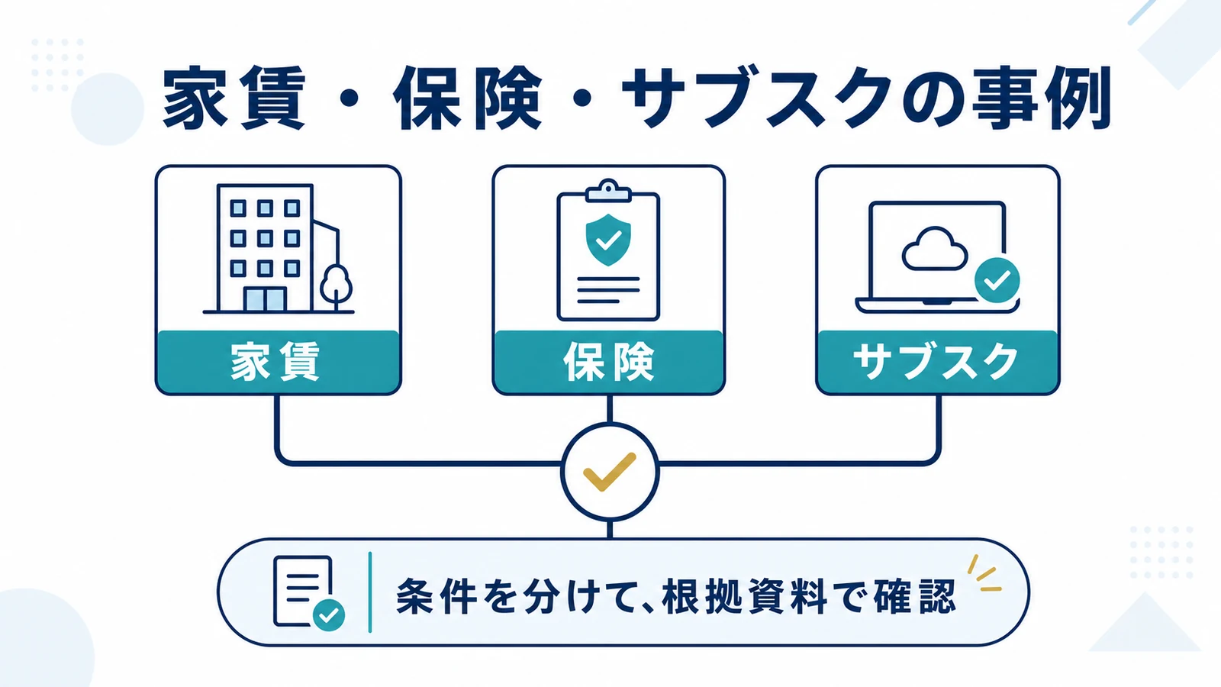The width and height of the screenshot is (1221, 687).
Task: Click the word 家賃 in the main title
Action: pyautogui.click(x=234, y=98)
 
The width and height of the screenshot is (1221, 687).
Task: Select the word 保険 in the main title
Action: pyautogui.click(x=468, y=98)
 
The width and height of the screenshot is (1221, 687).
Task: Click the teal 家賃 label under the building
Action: pyautogui.click(x=275, y=361)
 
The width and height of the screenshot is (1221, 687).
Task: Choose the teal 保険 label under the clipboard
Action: pyautogui.click(x=608, y=361)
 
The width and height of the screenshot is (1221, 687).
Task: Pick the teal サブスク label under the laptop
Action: pyautogui.click(x=936, y=361)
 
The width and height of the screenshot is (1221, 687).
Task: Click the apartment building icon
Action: pyautogui.click(x=278, y=249)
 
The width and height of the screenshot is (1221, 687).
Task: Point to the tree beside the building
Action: pyautogui.click(x=336, y=288)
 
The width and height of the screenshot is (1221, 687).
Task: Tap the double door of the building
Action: pyautogui.click(x=265, y=299)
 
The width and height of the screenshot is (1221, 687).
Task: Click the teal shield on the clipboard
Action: pyautogui.click(x=608, y=240)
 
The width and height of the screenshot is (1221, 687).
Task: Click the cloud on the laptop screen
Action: pyautogui.click(x=934, y=249)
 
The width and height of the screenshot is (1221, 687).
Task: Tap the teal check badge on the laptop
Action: pyautogui.click(x=997, y=280)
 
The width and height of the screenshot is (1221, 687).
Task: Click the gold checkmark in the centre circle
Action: pyautogui.click(x=610, y=472)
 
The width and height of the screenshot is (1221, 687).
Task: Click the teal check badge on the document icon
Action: pyautogui.click(x=329, y=615)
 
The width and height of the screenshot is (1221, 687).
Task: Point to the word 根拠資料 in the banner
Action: pyautogui.click(x=743, y=596)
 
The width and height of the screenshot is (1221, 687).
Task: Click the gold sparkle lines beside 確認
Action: pyautogui.click(x=984, y=573)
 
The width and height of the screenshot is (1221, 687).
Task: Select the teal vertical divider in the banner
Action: pyautogui.click(x=370, y=592)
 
